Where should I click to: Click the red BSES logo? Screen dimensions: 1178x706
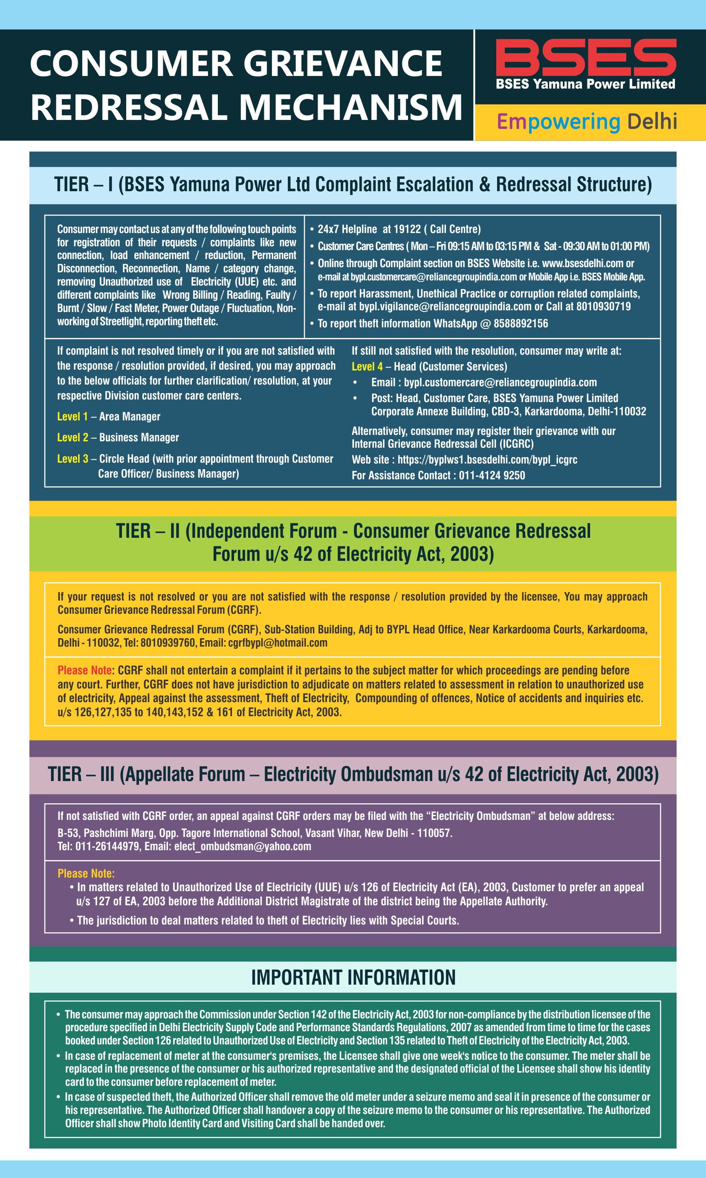(x=586, y=57)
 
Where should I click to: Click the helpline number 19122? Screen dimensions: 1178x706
(x=408, y=230)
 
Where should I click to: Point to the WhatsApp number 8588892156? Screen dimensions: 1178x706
(x=521, y=324)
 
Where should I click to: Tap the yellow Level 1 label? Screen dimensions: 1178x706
(x=72, y=417)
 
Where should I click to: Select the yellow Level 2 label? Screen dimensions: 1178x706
(x=72, y=437)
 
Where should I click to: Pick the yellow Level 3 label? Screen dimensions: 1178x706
(x=72, y=459)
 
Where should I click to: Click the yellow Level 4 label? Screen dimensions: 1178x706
(x=367, y=367)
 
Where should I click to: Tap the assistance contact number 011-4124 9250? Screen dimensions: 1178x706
(x=492, y=475)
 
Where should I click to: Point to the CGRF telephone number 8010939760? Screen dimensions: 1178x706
(x=168, y=643)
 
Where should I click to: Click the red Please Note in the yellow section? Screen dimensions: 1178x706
(x=85, y=671)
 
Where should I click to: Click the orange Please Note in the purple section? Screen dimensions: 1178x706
(x=86, y=874)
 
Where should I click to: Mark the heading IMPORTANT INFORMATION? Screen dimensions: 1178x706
(x=353, y=978)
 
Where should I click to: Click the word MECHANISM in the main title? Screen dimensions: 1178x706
(x=350, y=107)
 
